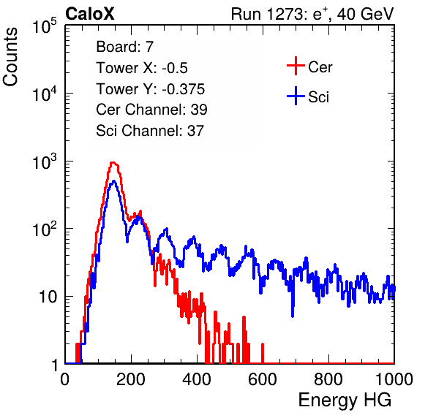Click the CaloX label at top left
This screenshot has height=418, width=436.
point(90,14)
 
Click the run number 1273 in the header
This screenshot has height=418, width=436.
point(284,14)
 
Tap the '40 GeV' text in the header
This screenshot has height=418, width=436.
point(365,15)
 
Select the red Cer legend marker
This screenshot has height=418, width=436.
point(296,66)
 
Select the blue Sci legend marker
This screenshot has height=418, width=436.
point(296,96)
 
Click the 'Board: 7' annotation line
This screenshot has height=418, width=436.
point(125,47)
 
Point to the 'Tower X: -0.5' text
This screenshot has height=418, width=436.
point(142,68)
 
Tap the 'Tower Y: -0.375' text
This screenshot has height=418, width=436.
point(151,89)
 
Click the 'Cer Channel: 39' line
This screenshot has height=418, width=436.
point(151,110)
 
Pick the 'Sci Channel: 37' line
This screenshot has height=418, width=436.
point(150,131)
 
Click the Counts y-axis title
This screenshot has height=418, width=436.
point(10,57)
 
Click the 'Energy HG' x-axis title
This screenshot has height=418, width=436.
point(345,400)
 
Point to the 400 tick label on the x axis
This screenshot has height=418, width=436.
point(197,379)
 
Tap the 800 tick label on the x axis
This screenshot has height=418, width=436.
point(328,379)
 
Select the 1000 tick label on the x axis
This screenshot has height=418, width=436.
point(394,379)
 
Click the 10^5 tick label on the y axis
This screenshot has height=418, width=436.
point(45,26)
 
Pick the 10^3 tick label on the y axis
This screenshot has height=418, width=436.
point(45,162)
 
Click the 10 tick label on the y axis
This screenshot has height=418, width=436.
point(48,297)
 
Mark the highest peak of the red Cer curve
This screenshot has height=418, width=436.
point(113,163)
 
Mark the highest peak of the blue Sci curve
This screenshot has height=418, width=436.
point(113,181)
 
